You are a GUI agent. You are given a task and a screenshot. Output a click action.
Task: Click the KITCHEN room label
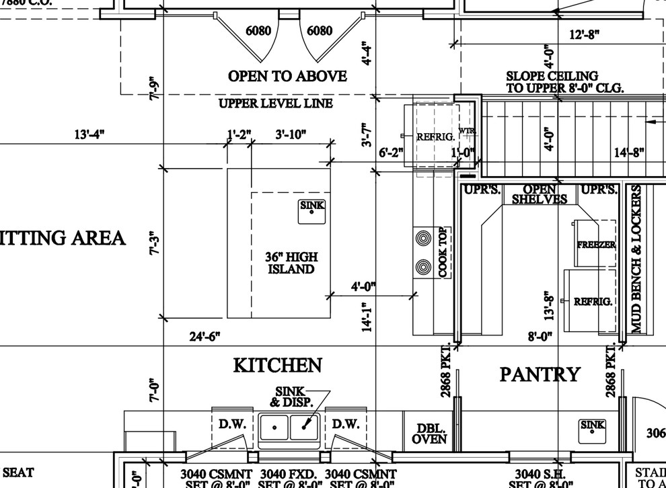[x=277, y=366]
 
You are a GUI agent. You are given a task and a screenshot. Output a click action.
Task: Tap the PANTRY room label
[x=539, y=374]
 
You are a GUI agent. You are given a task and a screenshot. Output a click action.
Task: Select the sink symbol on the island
[x=311, y=209]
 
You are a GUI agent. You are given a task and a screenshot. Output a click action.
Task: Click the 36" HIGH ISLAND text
[x=291, y=263]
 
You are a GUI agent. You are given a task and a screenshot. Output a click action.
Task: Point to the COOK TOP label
[x=443, y=253]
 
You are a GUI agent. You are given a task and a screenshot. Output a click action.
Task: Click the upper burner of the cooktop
[x=423, y=238]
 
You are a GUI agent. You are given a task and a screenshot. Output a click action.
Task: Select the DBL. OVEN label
[x=429, y=434]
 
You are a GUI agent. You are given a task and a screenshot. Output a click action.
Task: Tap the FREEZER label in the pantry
[x=596, y=245]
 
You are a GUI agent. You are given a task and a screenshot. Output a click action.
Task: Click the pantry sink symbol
[x=593, y=428]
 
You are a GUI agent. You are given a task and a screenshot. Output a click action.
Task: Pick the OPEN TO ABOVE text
[x=287, y=77]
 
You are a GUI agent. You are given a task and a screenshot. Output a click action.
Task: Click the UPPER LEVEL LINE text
[x=275, y=104]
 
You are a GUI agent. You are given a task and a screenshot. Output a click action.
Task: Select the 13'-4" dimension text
[x=89, y=135]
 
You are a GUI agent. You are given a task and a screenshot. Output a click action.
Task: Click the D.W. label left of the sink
[x=233, y=424]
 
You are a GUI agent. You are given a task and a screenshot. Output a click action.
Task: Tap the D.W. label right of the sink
[x=346, y=424]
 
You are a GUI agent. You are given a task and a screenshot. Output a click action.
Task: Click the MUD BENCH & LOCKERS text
[x=638, y=259]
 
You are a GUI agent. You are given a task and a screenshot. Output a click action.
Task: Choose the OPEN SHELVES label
[x=540, y=194]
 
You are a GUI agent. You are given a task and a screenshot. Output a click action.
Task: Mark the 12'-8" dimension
[x=583, y=35]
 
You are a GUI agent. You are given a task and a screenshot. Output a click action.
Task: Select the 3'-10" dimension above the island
[x=291, y=135]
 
